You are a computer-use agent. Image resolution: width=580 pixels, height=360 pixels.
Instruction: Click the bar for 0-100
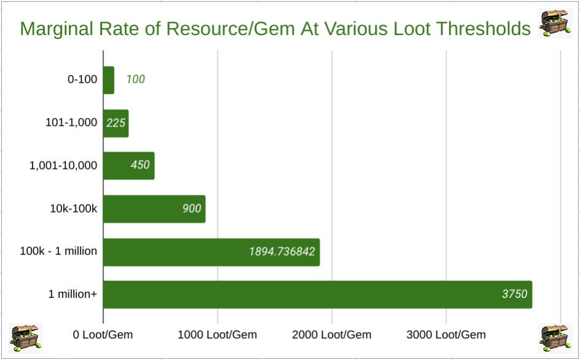point(109,80)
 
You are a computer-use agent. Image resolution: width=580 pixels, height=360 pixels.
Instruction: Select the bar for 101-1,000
point(116,123)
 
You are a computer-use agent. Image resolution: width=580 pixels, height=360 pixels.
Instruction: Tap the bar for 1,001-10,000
point(128,165)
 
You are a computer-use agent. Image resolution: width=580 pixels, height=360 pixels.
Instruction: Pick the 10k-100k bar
point(154,208)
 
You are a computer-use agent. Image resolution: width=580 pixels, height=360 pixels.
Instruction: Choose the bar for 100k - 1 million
point(211,251)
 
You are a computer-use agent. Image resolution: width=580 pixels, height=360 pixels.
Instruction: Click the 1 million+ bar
point(317,294)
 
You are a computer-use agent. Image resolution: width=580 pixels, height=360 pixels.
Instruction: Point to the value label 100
point(135,79)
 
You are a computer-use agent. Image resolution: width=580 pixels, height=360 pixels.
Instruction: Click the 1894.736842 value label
point(282,251)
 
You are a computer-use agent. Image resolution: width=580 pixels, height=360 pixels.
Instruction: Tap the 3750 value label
point(514,294)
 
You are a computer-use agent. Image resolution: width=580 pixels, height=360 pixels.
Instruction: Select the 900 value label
point(192,208)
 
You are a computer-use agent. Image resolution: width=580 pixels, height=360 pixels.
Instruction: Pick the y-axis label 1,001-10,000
point(63,165)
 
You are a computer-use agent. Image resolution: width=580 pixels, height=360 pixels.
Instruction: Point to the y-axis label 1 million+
point(72,294)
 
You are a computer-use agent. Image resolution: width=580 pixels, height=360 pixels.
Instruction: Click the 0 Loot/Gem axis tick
point(103,335)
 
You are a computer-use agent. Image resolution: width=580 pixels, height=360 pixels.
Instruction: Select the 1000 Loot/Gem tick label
point(217,335)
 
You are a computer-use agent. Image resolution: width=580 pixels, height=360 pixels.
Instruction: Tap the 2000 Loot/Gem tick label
point(332,335)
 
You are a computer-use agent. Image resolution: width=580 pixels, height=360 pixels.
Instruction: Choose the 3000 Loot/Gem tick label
point(446,335)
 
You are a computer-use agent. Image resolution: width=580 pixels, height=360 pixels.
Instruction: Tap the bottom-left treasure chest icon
point(26,337)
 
